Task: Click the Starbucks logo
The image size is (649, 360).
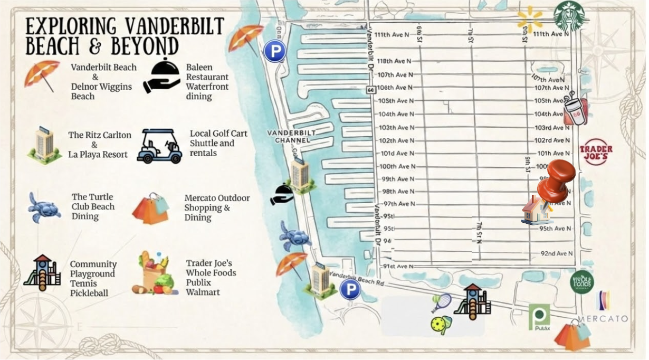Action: (x=569, y=16)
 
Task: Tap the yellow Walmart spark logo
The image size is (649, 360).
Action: (x=530, y=19)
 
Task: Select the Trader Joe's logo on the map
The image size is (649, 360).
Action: (x=596, y=153)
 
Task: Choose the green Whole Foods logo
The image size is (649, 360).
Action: (x=581, y=281)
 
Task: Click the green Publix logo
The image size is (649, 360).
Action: (x=539, y=317)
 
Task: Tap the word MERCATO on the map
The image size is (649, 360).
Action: (x=603, y=319)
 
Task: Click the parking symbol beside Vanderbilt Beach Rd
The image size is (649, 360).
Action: (x=350, y=289)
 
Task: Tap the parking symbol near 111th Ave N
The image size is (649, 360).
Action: (x=274, y=52)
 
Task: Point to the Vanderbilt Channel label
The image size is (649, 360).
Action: (x=288, y=137)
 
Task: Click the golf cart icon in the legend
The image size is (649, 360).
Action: (x=159, y=146)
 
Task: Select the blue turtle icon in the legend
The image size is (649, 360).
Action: (x=44, y=207)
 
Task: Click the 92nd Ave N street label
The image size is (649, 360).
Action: (x=557, y=254)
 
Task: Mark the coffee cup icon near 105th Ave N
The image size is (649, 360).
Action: (x=574, y=109)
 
